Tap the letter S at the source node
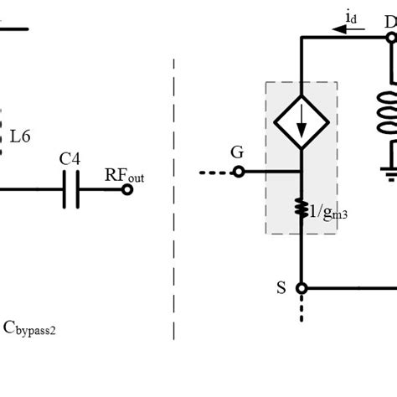pos(281,287)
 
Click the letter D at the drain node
pos(389,23)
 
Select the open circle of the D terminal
pos(390,38)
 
